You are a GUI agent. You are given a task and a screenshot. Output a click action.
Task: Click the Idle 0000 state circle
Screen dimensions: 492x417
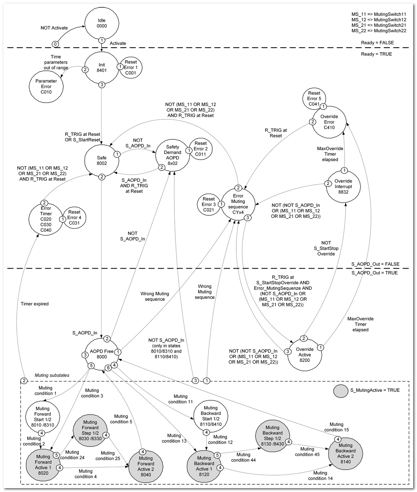[x=102, y=23]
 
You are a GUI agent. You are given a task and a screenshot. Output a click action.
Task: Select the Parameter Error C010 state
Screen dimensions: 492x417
[x=46, y=86]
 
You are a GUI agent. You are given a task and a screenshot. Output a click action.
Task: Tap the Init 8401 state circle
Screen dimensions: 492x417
[x=102, y=68]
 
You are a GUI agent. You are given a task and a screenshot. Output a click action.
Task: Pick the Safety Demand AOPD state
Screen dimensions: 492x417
[x=172, y=155]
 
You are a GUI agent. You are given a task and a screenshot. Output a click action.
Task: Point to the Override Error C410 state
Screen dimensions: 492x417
[x=329, y=122]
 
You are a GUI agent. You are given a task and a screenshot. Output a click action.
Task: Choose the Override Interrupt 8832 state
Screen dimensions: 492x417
[x=343, y=186]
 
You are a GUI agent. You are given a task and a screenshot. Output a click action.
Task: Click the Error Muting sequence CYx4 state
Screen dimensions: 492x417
[x=238, y=204]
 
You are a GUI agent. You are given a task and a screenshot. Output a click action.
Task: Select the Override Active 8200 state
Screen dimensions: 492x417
[x=304, y=354]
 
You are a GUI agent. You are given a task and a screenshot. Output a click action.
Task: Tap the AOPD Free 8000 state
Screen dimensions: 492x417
[x=102, y=354]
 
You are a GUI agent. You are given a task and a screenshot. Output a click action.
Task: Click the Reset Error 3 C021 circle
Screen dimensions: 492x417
[x=209, y=204]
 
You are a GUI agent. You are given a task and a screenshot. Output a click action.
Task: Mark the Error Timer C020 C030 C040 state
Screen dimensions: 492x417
[x=46, y=219]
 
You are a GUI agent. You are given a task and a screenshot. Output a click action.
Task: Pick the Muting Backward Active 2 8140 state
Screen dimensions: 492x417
[x=345, y=453]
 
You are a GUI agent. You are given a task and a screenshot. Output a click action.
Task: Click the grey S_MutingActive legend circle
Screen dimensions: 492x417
[x=340, y=390]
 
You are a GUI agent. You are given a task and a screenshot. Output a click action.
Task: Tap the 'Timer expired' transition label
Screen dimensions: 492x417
[x=35, y=304]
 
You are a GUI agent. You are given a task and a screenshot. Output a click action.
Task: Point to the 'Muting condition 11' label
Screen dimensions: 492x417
[x=180, y=399]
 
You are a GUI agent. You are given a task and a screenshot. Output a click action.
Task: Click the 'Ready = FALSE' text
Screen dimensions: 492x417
[x=377, y=43]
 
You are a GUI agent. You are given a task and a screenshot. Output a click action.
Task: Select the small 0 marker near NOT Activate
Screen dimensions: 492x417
[x=55, y=44]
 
